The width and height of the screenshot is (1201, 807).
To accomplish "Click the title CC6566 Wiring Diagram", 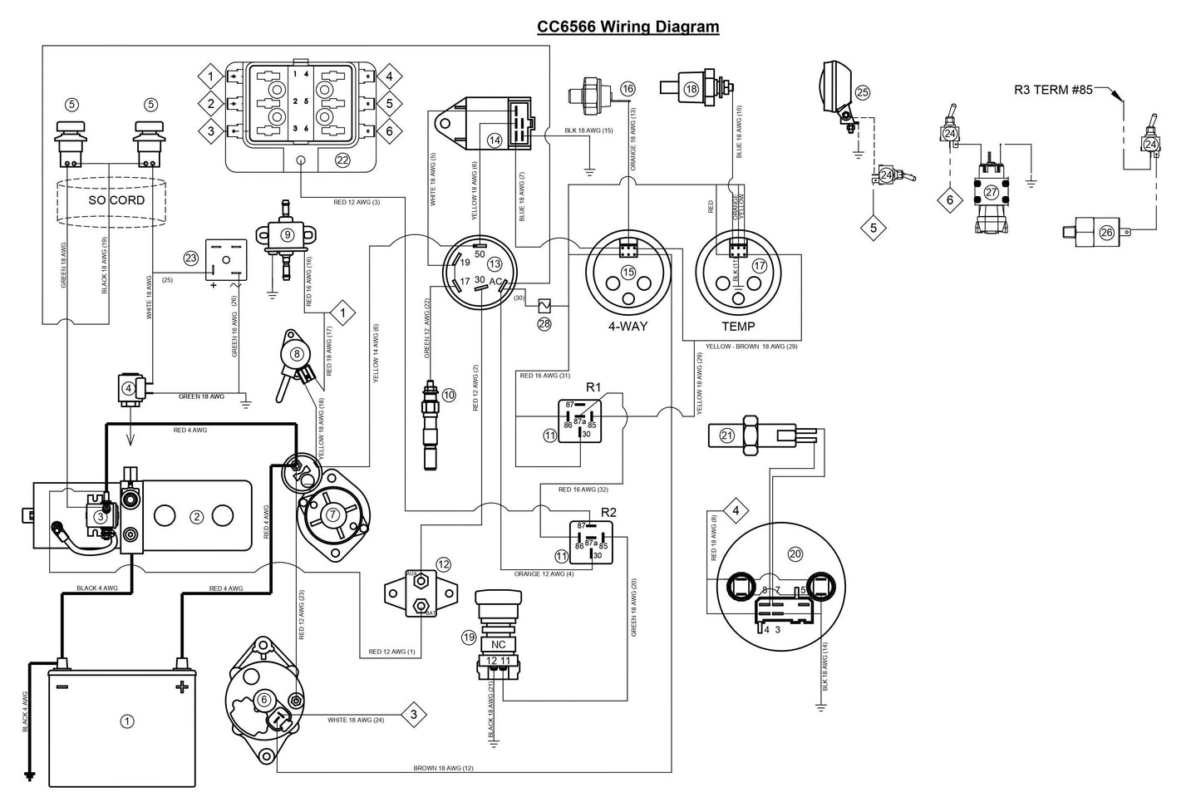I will pos(628,27).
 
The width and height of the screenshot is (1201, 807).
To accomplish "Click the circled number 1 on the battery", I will pos(127,721).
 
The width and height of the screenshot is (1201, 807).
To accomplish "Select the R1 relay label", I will pos(593,386).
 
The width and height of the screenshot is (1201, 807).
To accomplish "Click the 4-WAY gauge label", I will pos(628,326).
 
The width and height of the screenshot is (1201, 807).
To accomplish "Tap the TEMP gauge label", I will pos(737,326).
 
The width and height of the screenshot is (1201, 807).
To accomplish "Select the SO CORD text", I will pos(116,200).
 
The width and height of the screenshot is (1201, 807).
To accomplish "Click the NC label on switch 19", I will pos(499,644).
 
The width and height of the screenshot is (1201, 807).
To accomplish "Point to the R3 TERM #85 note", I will pos(1053,90).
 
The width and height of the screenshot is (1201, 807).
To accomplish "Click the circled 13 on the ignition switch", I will pos(495,264).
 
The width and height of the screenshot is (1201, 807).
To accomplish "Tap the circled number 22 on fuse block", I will pos(342,160).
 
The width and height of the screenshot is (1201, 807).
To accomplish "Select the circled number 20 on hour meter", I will pos(795,554).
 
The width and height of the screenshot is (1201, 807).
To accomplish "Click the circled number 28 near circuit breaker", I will pos(544,323).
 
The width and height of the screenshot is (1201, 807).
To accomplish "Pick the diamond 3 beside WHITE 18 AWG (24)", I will pos(414,714).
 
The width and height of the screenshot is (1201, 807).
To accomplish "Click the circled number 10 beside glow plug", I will pos(449,395).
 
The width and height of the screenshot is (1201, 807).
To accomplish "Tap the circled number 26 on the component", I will pos(1106,233).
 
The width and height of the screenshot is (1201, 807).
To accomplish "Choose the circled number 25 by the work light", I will pos(862,92).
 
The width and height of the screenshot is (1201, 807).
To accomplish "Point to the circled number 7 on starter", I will pos(332,514).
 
